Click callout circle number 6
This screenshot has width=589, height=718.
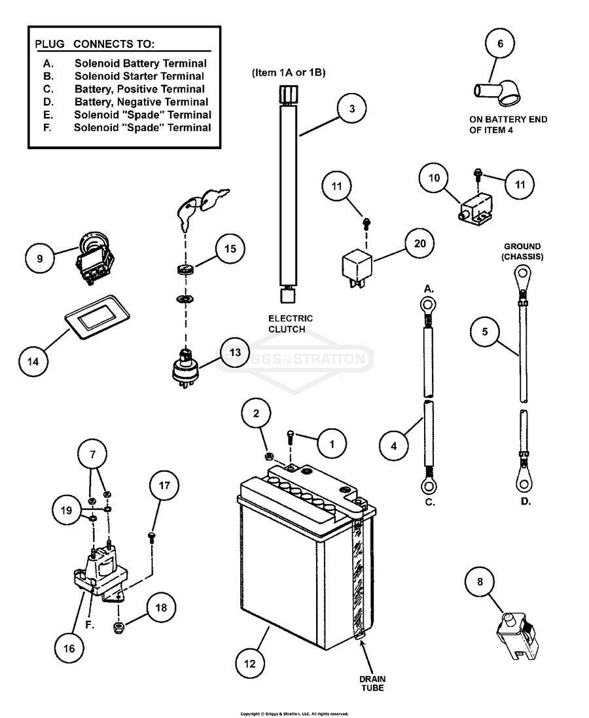tap(501, 45)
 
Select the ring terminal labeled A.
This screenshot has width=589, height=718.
tap(427, 304)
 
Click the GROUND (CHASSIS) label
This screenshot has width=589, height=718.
tap(522, 252)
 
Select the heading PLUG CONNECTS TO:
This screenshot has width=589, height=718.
tap(94, 45)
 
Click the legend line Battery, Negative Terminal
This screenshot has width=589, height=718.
tap(141, 102)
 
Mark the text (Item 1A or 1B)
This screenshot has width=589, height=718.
tap(289, 73)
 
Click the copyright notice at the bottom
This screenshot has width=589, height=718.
tap(294, 713)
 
